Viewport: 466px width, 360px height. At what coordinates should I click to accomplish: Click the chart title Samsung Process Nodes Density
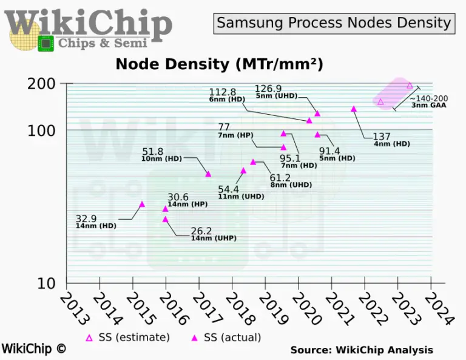click(x=334, y=23)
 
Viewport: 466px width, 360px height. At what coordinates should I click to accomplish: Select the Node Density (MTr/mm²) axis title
click(x=219, y=64)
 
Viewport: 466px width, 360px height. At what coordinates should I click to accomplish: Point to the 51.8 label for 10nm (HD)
click(x=154, y=151)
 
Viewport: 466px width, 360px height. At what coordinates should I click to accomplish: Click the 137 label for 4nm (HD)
click(x=382, y=136)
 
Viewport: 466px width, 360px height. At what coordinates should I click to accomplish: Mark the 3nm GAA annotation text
click(x=430, y=106)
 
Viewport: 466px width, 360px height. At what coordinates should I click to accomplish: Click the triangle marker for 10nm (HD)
click(x=208, y=174)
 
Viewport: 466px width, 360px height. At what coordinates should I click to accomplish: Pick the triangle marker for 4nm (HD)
click(x=354, y=109)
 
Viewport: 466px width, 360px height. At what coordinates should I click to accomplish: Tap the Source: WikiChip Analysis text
click(x=362, y=350)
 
